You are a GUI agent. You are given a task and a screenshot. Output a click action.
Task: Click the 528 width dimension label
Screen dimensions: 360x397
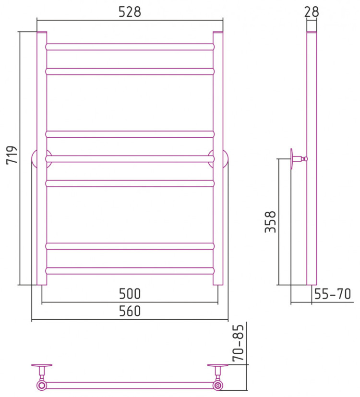[130, 12]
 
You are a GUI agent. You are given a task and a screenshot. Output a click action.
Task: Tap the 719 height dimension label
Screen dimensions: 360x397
[12, 155]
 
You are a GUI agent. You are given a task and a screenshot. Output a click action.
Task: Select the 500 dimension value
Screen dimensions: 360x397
[130, 294]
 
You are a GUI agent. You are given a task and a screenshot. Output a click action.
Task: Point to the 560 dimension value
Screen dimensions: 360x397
[130, 311]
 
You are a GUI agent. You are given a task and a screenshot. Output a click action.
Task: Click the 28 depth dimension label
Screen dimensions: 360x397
[312, 12]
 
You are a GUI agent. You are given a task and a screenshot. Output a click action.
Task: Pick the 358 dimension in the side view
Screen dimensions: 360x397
[270, 222]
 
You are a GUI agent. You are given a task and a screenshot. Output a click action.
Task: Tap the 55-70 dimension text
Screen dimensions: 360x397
[333, 294]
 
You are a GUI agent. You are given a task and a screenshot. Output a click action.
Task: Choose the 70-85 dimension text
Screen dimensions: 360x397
[238, 343]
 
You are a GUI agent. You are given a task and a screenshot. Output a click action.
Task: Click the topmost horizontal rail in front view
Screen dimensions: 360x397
[130, 47]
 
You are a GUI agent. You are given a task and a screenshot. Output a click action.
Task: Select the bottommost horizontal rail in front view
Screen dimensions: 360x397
[130, 271]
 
